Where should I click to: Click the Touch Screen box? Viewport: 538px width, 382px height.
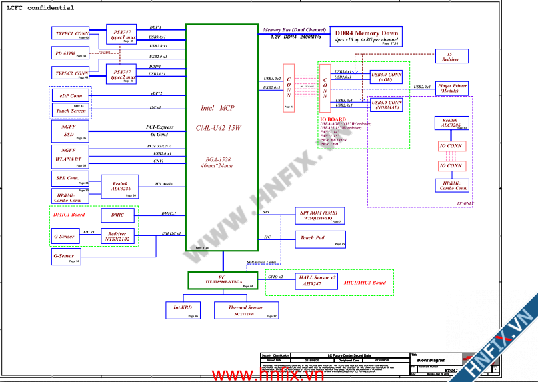pos(71,111)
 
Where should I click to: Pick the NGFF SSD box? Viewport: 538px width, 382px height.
pos(69,130)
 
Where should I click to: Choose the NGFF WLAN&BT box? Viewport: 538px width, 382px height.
pos(69,156)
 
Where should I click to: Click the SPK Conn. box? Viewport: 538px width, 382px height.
pos(69,179)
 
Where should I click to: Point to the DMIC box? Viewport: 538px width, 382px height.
pos(117,215)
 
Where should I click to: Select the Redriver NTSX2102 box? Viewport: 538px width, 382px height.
pos(117,236)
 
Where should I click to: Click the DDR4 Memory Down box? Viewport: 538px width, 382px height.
pos(366,36)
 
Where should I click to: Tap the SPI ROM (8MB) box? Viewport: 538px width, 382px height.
pos(319,215)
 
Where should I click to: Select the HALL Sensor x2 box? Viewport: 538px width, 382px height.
pos(317,280)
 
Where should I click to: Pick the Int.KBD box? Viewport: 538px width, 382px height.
pos(183,309)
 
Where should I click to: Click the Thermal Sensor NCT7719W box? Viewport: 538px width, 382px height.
pos(245,309)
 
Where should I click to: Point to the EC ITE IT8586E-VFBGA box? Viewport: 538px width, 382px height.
pos(221,280)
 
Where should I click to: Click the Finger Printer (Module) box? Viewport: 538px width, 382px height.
pos(452,89)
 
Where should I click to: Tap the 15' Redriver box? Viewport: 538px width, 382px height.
pos(451,57)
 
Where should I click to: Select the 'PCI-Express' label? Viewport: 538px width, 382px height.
pos(160,127)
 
